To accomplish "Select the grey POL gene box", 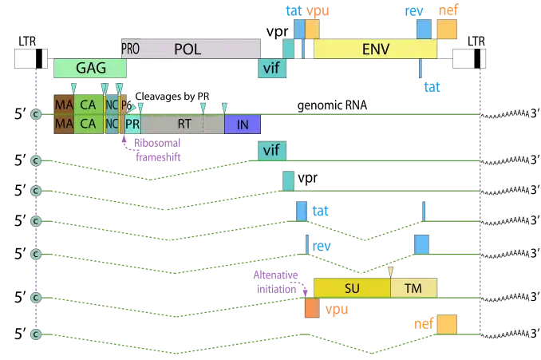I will pos(192,49).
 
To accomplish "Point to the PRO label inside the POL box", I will pos(129,49).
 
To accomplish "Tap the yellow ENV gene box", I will pos(375,49).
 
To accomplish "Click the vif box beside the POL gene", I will pos(271,69).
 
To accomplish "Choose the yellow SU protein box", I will pos(351,287).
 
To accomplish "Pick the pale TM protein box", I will pos(413,287).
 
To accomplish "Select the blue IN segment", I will pos(243,124).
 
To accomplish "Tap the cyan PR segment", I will pos(132,124).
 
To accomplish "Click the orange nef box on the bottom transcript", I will pos(447,323).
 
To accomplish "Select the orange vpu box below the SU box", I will pos(312,307).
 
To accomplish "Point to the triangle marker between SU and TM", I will pos(390,271).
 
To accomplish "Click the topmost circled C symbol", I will pos(35,114).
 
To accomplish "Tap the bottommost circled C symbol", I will pos(35,332).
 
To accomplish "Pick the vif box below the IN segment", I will pos(271,150).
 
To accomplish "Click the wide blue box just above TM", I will pos(421,244).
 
